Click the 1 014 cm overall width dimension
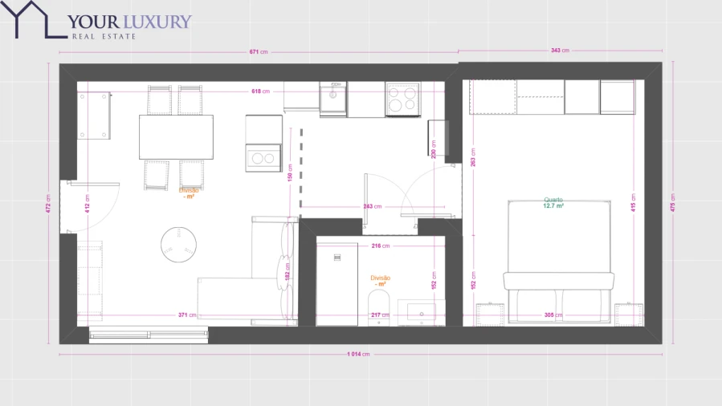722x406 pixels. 359,354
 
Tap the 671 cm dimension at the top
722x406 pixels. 258,51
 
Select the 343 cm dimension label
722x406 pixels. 560,51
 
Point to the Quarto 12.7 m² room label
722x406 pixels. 553,203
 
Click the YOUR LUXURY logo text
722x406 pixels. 129,22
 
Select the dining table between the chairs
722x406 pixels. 176,137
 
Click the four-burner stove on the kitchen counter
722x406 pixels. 402,99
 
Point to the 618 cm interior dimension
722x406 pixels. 259,91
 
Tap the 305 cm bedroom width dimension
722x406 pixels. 549,315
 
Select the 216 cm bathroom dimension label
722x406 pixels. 380,246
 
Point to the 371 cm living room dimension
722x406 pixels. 187,315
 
